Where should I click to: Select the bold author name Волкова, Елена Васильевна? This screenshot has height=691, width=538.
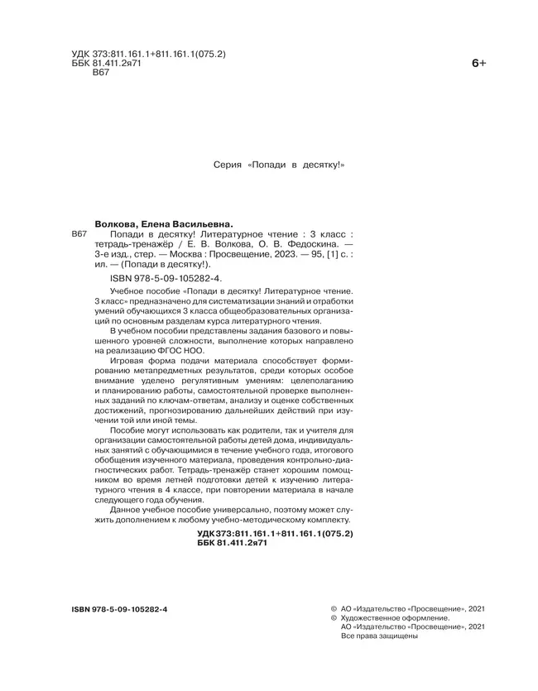165,223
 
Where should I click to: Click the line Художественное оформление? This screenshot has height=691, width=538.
394,617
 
